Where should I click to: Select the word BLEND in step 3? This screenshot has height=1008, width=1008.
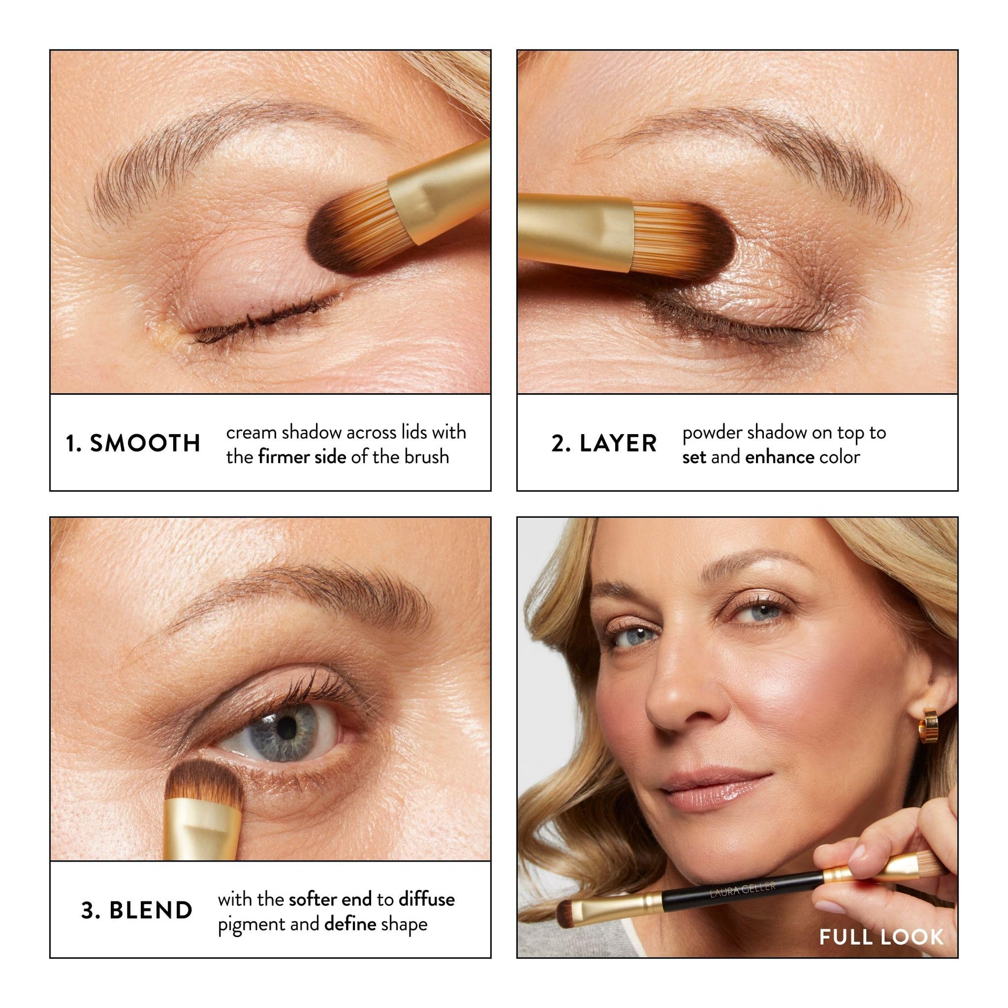151,910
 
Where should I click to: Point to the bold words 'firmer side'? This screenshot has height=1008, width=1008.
302,457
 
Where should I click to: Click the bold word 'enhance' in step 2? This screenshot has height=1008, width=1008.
779,457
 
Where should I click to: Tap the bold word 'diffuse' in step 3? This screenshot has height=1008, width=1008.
426,899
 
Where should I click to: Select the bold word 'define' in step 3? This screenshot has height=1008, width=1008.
350,923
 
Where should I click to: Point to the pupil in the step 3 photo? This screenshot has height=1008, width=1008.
286,727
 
